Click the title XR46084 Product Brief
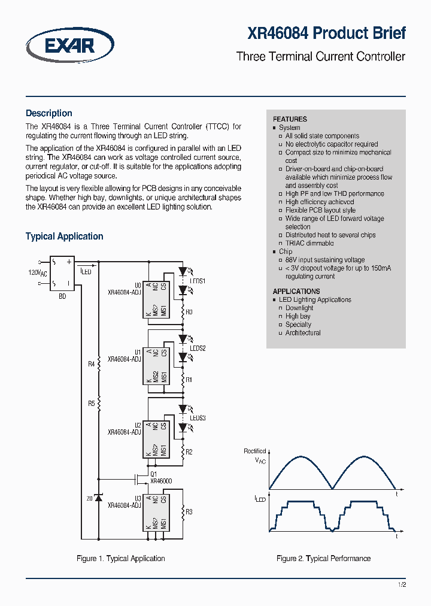click(x=327, y=33)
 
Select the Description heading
click(x=49, y=113)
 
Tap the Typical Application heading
click(x=64, y=237)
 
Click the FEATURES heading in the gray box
click(x=290, y=119)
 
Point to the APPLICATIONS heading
click(x=296, y=292)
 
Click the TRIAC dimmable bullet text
click(x=309, y=243)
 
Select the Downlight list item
click(x=299, y=308)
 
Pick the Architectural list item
click(x=303, y=333)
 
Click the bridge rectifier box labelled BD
click(x=62, y=274)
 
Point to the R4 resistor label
click(x=91, y=364)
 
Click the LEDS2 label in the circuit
click(x=198, y=348)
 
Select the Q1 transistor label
click(x=154, y=474)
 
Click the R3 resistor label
click(x=189, y=511)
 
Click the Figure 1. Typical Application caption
click(x=121, y=559)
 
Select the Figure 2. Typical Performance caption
click(x=323, y=559)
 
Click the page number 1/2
click(x=402, y=585)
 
